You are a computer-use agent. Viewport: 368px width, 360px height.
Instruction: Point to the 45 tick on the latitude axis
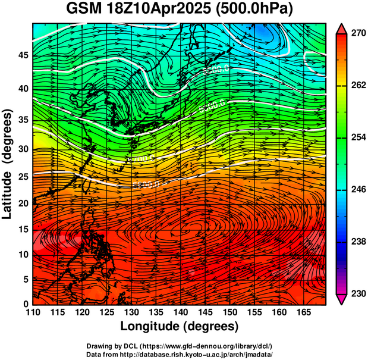coord(23,55)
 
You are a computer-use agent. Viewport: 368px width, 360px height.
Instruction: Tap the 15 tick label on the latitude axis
coord(23,228)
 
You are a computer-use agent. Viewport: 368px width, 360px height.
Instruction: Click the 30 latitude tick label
coord(23,149)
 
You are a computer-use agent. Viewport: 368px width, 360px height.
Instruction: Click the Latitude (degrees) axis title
coord(8,164)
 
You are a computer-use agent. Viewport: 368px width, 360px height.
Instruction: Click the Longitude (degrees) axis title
coord(180,327)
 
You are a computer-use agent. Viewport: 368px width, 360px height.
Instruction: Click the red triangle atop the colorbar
coord(341,29)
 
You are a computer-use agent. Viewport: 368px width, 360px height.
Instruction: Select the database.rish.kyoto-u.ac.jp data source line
coord(179,353)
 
